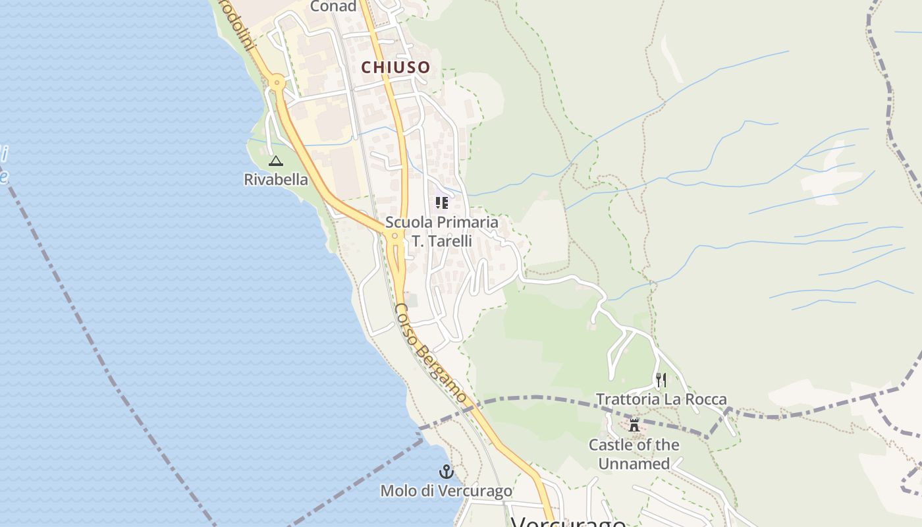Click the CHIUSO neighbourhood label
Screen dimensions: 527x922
pos(395,67)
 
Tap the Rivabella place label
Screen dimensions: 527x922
pos(276,179)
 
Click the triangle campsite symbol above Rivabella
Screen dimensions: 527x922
pos(276,161)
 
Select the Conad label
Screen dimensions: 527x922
pos(333,7)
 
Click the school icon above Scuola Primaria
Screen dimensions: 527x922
pos(441,202)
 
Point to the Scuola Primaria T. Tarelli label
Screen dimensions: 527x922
pos(442,232)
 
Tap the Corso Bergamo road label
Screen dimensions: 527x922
pos(431,354)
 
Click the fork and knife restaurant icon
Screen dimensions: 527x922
pos(661,380)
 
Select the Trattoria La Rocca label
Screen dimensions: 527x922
pos(661,399)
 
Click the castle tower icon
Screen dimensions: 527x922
pos(634,425)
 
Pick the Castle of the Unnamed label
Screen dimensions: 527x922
pos(634,454)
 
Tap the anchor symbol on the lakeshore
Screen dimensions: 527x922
pos(447,472)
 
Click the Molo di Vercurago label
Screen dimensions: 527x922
pos(447,491)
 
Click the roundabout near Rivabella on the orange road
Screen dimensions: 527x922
pos(277,82)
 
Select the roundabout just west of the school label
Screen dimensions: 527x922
pos(394,235)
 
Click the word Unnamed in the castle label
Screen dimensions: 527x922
pos(634,464)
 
